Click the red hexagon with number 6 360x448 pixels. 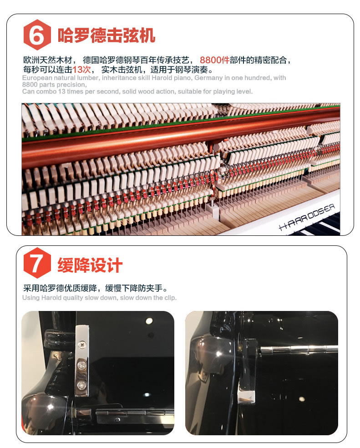(x=37, y=35)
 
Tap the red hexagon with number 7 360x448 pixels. (x=37, y=263)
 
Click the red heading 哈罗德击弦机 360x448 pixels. (x=106, y=36)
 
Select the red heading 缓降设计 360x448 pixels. (x=90, y=265)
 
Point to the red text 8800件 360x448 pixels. (x=214, y=60)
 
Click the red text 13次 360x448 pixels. (x=82, y=69)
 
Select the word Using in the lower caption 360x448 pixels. (x=31, y=298)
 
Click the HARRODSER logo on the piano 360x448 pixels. (x=306, y=216)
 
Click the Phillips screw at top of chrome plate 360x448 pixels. (x=82, y=345)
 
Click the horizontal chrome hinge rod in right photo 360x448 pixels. (x=299, y=349)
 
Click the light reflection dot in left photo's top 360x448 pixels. (x=149, y=321)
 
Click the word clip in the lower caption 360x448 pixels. (x=170, y=298)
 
